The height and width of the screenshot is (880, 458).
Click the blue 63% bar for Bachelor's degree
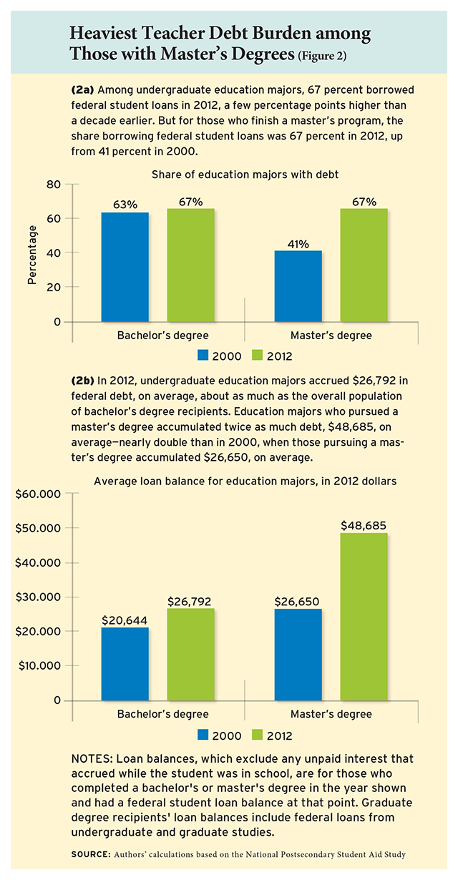pos(125,267)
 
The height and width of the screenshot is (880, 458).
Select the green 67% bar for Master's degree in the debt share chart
pos(364,265)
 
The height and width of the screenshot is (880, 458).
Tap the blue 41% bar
pos(298,286)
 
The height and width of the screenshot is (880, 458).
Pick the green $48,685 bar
pos(364,616)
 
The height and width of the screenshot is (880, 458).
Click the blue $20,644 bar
pos(125,663)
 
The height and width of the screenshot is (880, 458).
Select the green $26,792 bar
pos(191,653)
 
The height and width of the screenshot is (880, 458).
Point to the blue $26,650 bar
pos(298,654)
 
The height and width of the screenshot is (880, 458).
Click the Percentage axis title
pos(31,255)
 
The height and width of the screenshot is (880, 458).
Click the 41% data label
pos(298,244)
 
